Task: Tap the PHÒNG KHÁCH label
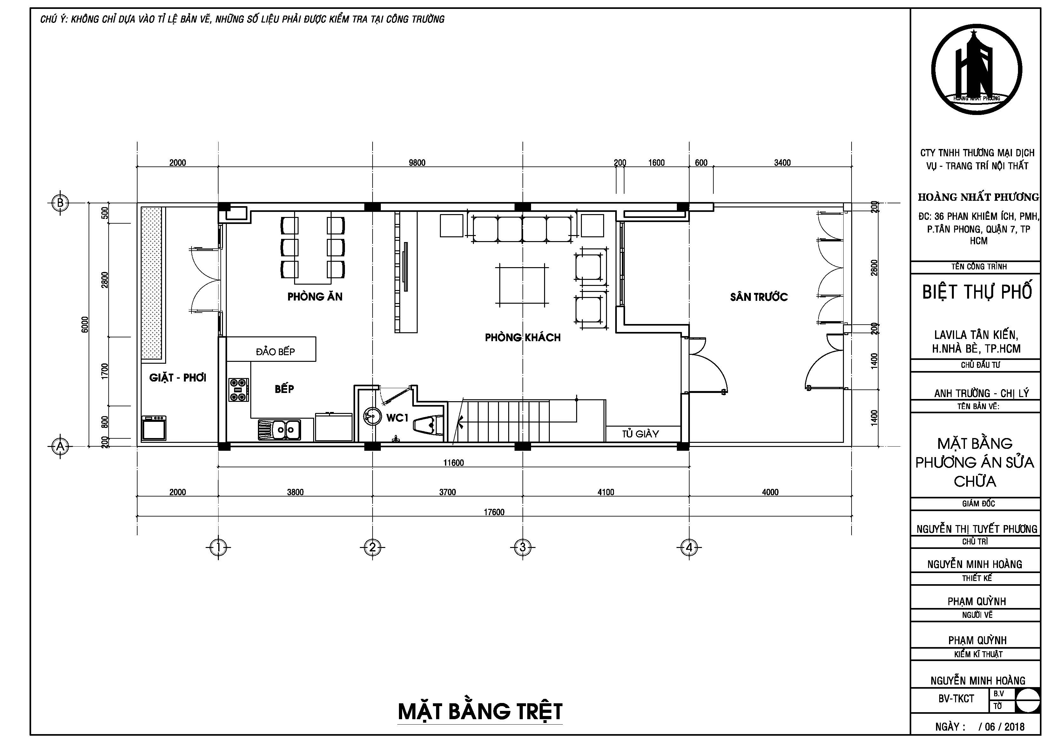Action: click(x=523, y=337)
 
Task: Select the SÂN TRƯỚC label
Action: click(x=759, y=297)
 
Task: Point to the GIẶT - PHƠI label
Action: click(x=178, y=377)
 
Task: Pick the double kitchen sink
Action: click(x=279, y=430)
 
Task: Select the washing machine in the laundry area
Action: click(x=154, y=428)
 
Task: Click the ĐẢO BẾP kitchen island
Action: click(x=271, y=349)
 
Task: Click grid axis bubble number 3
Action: click(x=523, y=547)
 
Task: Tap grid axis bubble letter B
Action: click(x=60, y=202)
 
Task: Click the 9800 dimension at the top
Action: click(x=417, y=163)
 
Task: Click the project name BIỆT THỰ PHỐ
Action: click(x=977, y=292)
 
